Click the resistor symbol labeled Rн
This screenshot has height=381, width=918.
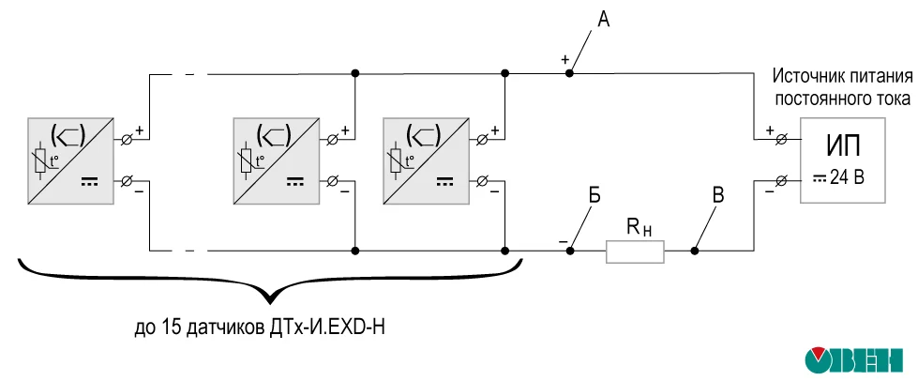(x=636, y=251)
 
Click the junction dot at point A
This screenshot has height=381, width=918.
(x=570, y=72)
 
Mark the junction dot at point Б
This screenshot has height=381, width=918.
(x=570, y=251)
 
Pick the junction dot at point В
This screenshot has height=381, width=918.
(x=695, y=251)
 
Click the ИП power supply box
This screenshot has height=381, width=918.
(x=841, y=160)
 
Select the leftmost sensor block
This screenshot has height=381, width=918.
(x=71, y=160)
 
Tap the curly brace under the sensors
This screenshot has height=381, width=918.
(x=269, y=282)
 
